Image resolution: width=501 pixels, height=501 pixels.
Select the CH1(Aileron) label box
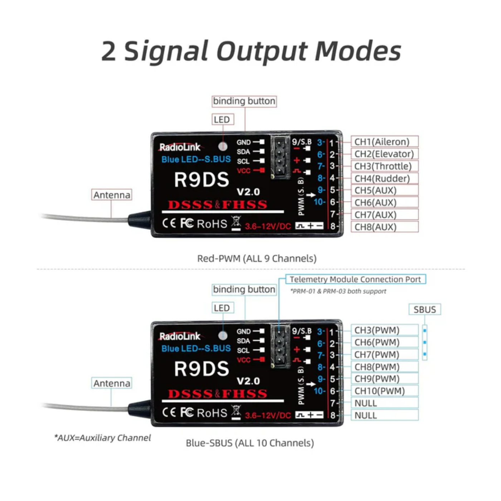384,142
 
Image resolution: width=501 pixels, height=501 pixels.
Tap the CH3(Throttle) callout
384,166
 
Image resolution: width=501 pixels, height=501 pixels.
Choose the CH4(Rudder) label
384,178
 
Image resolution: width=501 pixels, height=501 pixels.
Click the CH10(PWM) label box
384,391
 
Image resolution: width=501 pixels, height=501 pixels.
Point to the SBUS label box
424,310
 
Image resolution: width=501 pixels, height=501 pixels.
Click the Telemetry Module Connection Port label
355,279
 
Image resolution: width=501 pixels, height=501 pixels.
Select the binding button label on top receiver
244,101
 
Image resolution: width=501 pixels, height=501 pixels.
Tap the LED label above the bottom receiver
222,308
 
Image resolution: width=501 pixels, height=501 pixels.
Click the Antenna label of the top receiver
112,195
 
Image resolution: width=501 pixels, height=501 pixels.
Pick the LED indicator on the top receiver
223,146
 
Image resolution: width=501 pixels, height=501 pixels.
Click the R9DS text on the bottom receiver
201,369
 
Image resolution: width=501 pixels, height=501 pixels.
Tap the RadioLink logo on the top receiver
180,147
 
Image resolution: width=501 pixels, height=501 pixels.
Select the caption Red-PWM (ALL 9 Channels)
257,258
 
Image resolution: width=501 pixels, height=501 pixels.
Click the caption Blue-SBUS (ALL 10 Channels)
250,443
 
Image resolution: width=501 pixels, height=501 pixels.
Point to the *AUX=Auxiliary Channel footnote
102,438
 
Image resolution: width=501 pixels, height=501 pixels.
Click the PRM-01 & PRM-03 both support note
338,291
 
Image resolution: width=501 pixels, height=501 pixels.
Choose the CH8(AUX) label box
384,227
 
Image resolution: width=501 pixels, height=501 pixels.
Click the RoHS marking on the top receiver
212,224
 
